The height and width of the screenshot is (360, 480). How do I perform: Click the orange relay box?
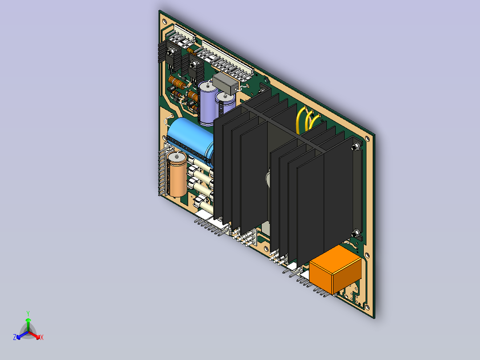(335, 270)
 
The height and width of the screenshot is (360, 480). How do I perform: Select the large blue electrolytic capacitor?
(190, 138)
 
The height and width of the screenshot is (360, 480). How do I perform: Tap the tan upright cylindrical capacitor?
(177, 174)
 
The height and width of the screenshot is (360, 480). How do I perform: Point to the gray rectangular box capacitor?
(225, 83)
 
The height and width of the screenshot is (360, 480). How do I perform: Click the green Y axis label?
(28, 313)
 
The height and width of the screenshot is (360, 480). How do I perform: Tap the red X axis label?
(42, 337)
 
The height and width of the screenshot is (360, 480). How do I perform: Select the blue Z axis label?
(15, 337)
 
